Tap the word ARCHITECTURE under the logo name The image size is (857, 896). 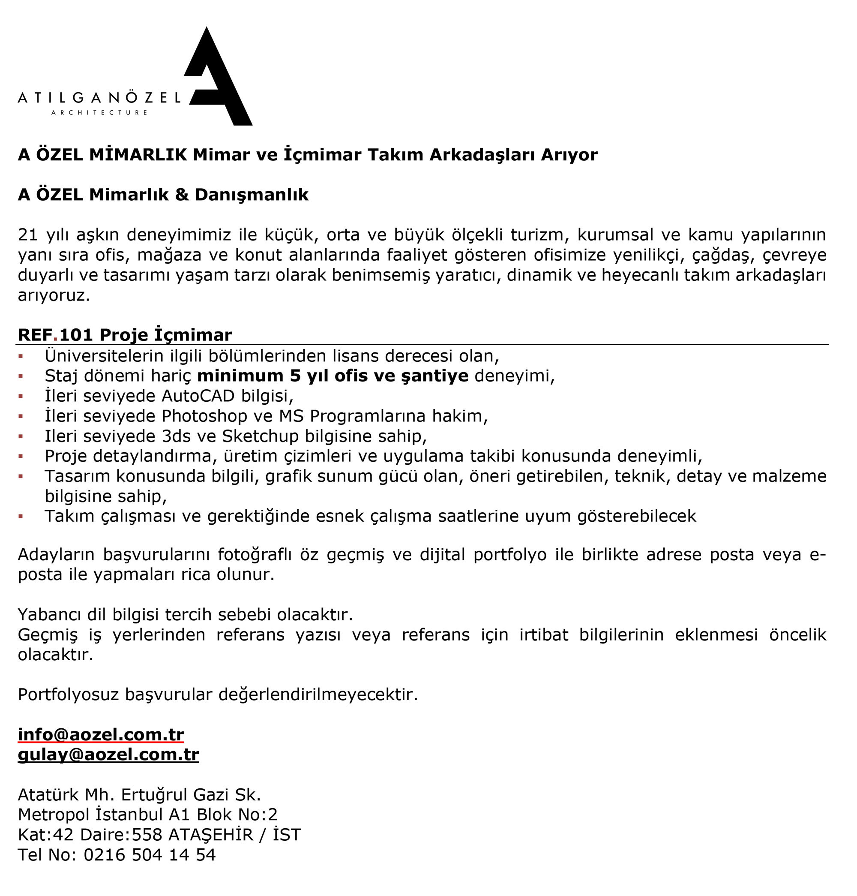coord(99,112)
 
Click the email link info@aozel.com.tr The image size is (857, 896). coord(101,735)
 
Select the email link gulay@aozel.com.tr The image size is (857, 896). coord(108,755)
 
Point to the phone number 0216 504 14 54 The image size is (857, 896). coord(150,855)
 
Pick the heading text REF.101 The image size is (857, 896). coord(55,335)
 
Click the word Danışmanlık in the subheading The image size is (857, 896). coord(252,195)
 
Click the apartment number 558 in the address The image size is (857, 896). coord(147,835)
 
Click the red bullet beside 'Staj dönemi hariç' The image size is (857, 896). coord(21,376)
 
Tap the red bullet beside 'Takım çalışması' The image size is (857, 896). coord(21,516)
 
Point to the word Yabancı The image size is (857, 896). coord(49,615)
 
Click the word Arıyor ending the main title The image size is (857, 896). coord(569,155)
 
